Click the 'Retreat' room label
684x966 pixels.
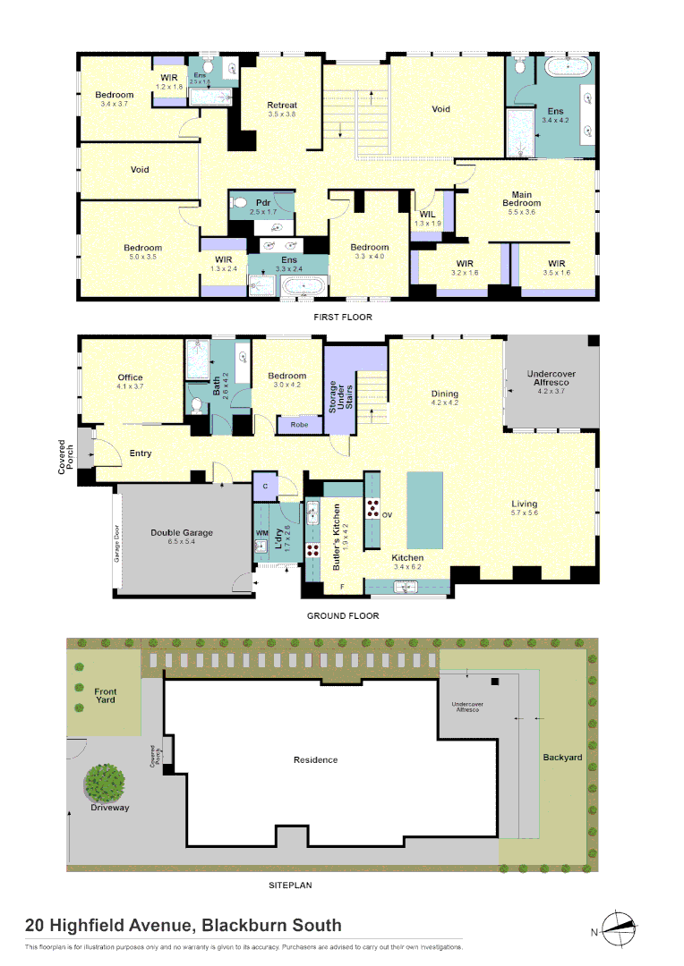(x=282, y=106)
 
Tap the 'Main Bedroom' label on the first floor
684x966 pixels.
(x=527, y=199)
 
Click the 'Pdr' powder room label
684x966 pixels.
(x=263, y=203)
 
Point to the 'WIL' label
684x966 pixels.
(x=428, y=215)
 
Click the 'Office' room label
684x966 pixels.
(x=130, y=377)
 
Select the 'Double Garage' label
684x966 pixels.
(x=181, y=533)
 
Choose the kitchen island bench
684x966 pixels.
(x=424, y=511)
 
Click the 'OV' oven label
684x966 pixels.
(x=388, y=515)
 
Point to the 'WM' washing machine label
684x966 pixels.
(x=262, y=533)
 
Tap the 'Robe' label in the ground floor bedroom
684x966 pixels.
(x=299, y=425)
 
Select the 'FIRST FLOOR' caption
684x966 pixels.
(x=342, y=317)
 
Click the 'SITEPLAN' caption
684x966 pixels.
(x=291, y=885)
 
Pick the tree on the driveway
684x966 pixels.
(x=105, y=783)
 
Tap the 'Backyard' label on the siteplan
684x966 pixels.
(x=562, y=758)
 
